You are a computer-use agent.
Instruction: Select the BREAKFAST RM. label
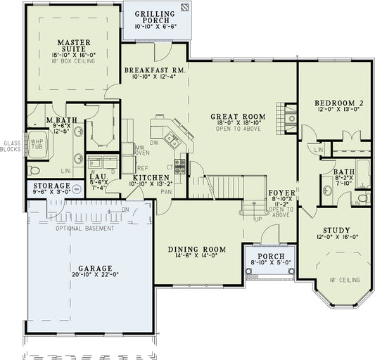pos(154,70)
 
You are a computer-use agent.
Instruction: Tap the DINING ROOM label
pos(197,250)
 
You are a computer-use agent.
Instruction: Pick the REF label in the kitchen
pos(143,168)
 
